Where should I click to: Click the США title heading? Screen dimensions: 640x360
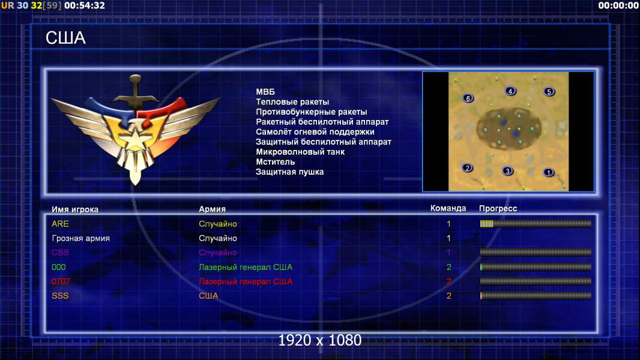coord(65,38)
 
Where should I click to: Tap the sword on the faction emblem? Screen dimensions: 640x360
coord(135,92)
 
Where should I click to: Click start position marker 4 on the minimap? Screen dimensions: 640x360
coord(510,91)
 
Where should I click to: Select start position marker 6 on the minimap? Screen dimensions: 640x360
coord(468,98)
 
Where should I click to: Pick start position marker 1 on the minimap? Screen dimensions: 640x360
coord(549,172)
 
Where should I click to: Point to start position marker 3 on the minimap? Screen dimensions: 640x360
coord(507,171)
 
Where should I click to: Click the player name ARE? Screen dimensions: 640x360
coord(61,224)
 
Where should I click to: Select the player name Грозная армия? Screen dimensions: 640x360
coord(81,238)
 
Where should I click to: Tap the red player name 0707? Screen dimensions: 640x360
coord(61,281)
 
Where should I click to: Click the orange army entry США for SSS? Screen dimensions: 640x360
coord(208,296)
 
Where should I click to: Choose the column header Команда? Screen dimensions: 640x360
coord(448,208)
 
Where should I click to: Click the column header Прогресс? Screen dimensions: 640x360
coord(498,209)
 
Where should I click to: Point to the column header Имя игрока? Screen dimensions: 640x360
coord(75,209)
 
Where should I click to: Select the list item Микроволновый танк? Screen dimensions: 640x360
coord(300,152)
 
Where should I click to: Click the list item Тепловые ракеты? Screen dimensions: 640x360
coord(292,102)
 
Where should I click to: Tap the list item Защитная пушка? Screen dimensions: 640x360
coord(290,172)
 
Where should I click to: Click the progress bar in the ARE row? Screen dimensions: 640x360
coord(536,223)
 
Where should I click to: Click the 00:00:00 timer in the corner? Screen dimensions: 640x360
coord(618,5)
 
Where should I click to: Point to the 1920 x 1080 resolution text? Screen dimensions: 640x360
coord(320,340)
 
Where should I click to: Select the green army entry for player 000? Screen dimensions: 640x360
coord(246,268)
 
